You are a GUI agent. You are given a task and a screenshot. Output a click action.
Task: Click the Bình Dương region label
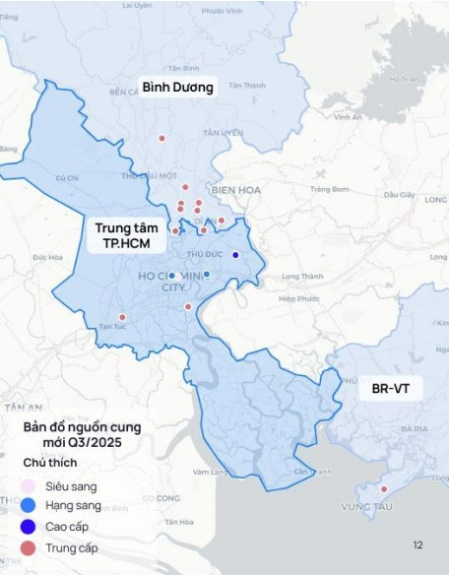177,87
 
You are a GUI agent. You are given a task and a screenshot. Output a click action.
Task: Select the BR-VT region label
391,389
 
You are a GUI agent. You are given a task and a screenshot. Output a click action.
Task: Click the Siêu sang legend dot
29,486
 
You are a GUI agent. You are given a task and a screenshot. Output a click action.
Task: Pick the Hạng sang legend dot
29,506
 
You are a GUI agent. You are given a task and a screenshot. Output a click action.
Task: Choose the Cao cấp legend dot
29,527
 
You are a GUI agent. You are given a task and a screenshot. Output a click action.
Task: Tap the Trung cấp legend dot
29,547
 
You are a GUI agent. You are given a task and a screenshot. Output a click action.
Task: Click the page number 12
417,544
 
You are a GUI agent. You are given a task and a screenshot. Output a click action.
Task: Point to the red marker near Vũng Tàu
384,489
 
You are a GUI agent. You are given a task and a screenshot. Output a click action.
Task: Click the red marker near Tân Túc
122,317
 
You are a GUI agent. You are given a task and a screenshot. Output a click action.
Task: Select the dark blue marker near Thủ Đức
235,255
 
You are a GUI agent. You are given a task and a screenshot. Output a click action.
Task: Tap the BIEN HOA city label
233,190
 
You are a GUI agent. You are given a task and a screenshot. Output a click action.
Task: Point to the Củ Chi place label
67,178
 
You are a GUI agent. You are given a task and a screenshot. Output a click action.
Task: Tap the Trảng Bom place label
329,189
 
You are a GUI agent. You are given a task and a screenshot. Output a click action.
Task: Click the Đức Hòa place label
46,257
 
